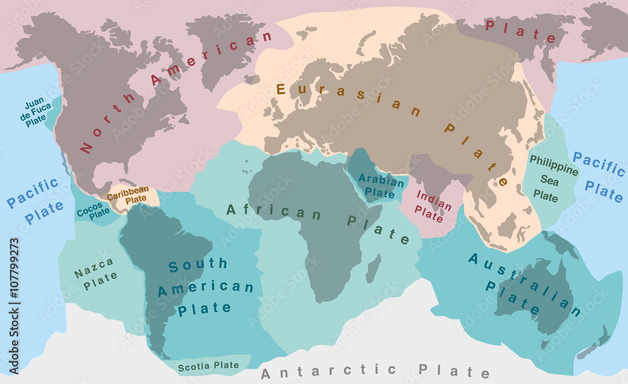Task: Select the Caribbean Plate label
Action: click(128, 194)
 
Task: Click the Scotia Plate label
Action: click(208, 365)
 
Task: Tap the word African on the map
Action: click(273, 212)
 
